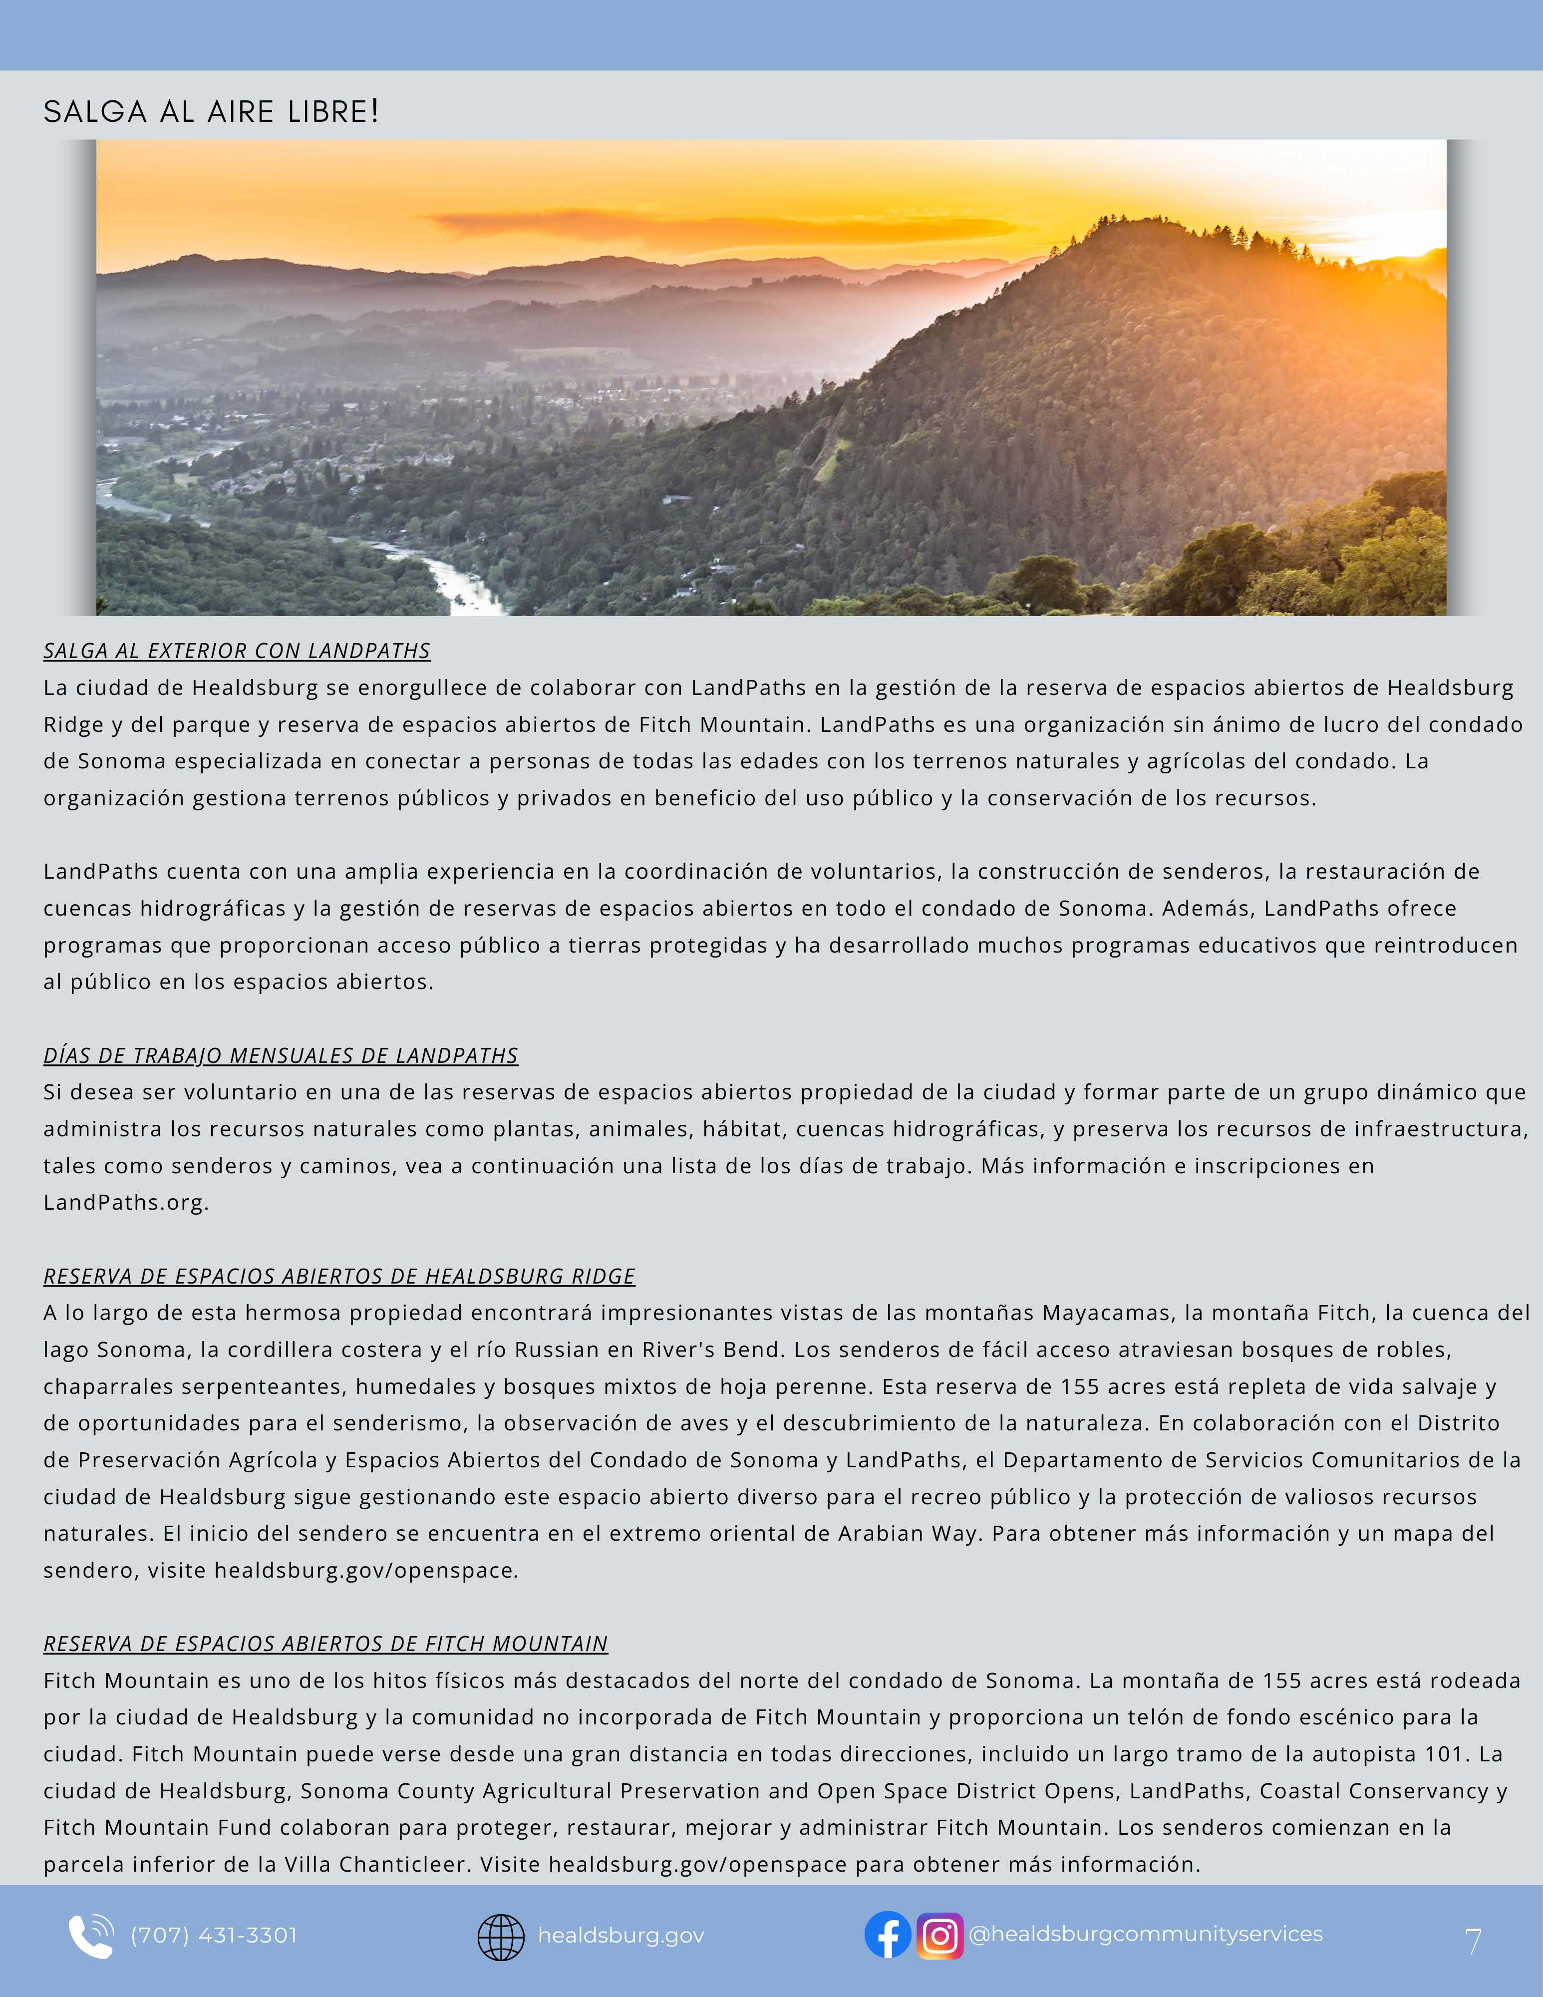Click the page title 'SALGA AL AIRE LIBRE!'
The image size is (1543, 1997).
(211, 111)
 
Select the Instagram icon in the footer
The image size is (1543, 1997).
(939, 1936)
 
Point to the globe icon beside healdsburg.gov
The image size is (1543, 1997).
(501, 1937)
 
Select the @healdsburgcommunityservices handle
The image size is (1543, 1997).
(1145, 1934)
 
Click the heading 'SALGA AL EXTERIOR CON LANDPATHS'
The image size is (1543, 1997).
(237, 651)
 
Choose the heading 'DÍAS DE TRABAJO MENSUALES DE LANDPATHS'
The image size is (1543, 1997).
(281, 1055)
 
